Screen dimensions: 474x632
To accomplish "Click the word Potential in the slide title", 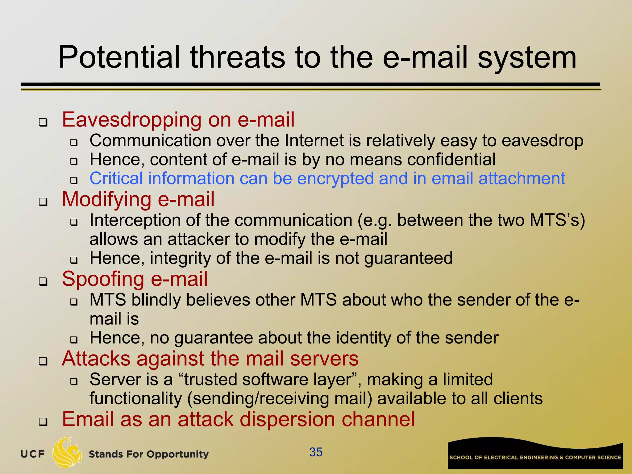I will (119, 58).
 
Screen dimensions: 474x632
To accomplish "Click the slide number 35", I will (316, 452).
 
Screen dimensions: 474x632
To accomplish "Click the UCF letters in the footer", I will (32, 454).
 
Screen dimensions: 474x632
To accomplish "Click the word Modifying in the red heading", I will (107, 199).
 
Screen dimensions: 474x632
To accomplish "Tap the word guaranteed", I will (408, 259).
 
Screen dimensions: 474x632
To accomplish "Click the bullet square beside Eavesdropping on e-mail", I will (43, 122).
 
